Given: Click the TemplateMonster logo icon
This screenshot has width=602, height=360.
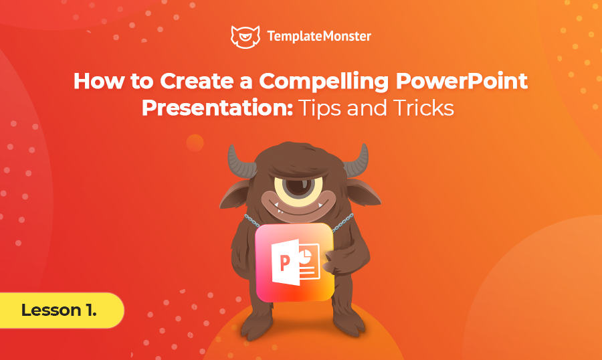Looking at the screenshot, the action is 245,37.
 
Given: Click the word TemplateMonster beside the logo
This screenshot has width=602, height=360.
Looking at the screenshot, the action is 319,37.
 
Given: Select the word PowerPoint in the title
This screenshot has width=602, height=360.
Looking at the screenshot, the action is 462,81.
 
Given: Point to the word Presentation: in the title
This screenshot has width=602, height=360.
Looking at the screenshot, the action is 217,108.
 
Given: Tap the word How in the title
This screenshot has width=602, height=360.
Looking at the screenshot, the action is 99,81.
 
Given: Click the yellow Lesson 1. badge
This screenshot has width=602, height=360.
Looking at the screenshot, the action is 61,310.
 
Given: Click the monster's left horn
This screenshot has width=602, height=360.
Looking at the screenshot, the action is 239,161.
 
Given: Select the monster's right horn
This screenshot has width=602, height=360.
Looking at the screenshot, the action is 357,161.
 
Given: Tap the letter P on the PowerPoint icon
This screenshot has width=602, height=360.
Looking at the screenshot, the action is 284,263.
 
